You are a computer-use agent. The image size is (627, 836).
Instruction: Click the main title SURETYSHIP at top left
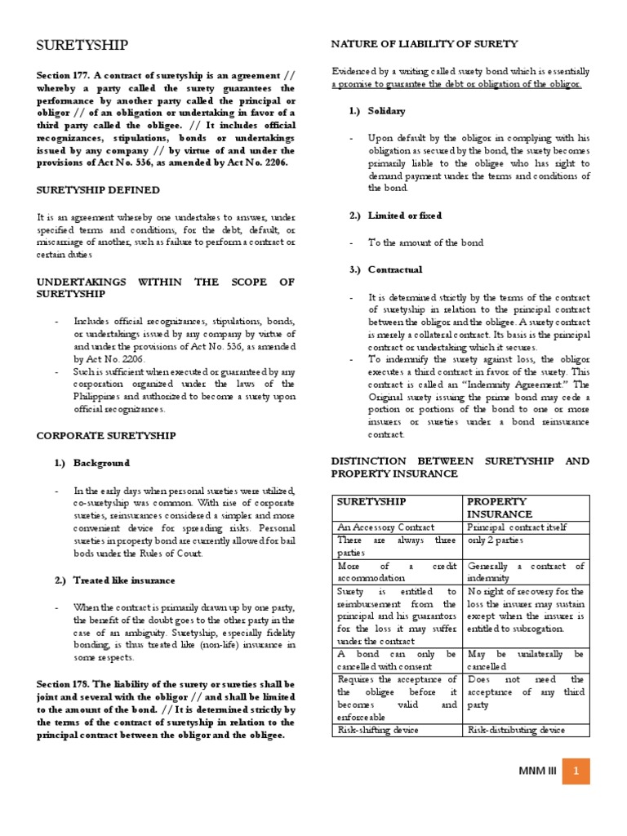pos(82,44)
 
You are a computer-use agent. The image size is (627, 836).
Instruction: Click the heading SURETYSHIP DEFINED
pos(98,189)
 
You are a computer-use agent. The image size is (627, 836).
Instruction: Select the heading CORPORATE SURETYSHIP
pos(106,436)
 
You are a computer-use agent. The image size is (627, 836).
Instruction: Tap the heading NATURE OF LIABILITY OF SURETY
pos(424,43)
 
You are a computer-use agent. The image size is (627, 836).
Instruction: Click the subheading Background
pos(101,463)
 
